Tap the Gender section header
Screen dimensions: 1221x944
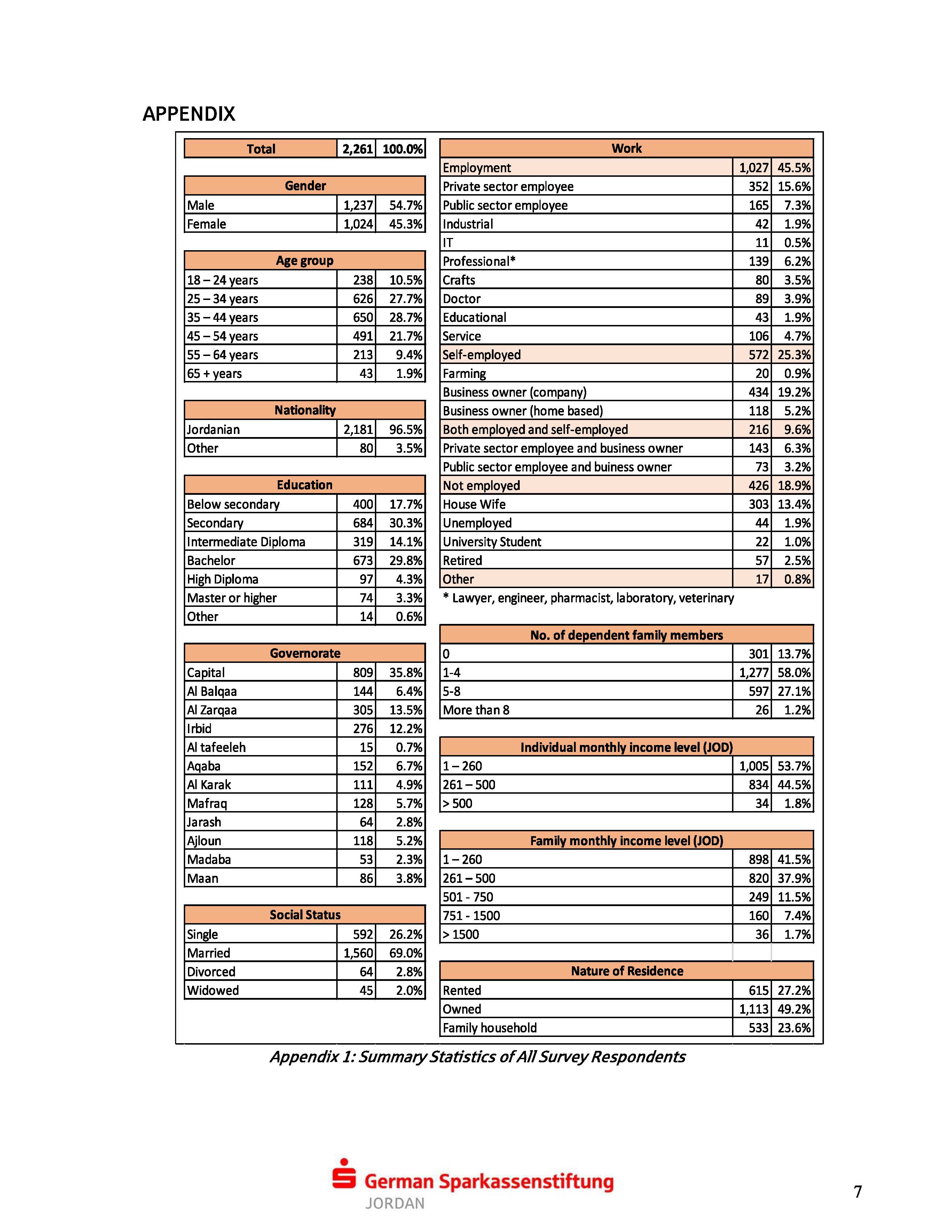tap(305, 185)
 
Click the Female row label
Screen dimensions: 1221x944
tap(206, 224)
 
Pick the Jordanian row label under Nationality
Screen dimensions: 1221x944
tap(213, 429)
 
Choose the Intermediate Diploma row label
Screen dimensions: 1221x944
tap(246, 542)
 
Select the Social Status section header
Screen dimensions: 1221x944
tap(305, 915)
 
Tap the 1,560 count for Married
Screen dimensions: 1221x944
tap(358, 953)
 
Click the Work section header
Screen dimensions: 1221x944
tap(626, 148)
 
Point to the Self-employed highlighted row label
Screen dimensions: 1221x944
tap(481, 355)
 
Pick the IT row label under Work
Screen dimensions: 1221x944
tap(448, 243)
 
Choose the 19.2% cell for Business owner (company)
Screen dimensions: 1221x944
tap(794, 392)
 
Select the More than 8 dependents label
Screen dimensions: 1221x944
tap(476, 710)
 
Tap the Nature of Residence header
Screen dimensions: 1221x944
tap(626, 971)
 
